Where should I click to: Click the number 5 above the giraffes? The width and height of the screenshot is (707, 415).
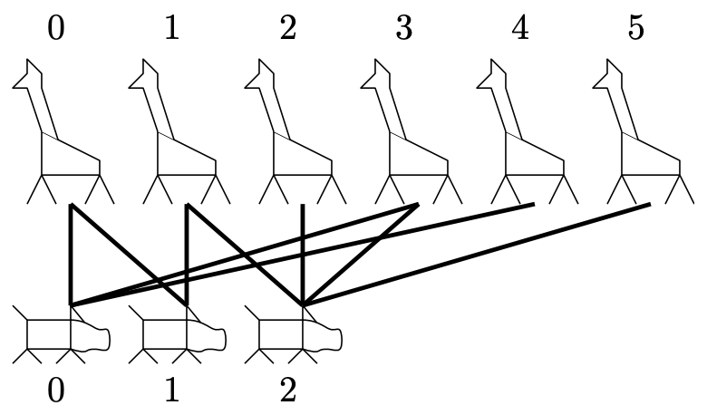[635, 27]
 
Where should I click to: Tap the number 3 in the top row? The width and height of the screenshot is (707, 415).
[404, 27]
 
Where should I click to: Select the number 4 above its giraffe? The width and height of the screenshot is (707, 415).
[520, 27]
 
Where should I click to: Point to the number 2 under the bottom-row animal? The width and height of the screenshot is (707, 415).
[288, 390]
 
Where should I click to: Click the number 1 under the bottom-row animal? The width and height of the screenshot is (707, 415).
[172, 390]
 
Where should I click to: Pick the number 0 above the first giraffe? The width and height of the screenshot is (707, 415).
[56, 27]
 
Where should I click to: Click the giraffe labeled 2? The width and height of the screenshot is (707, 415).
[295, 131]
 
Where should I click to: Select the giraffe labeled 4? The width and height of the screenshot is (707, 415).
[528, 131]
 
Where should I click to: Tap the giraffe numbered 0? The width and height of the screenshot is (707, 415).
[63, 131]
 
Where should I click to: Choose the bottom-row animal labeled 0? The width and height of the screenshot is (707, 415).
[62, 334]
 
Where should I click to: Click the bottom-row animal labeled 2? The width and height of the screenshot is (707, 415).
[293, 334]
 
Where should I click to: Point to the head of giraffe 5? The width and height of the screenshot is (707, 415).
[608, 74]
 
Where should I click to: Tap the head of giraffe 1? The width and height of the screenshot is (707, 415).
[144, 74]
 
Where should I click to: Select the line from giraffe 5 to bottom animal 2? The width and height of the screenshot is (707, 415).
[477, 254]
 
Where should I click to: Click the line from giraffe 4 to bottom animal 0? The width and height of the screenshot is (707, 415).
[303, 254]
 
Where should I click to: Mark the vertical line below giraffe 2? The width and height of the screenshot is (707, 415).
[303, 255]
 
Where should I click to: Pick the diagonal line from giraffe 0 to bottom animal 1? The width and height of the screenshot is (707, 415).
[129, 255]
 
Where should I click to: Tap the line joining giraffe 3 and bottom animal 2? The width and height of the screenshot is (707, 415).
[361, 255]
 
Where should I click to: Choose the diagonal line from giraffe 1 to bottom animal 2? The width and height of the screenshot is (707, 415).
[245, 255]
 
